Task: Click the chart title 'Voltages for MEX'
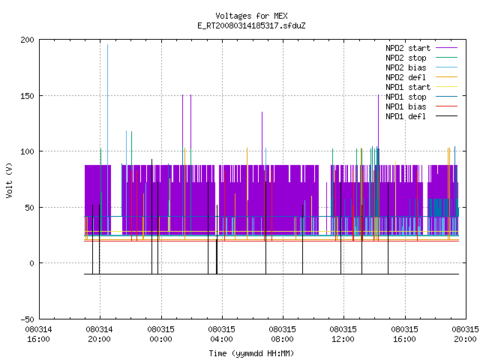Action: click(251, 16)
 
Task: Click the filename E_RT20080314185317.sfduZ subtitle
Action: click(251, 25)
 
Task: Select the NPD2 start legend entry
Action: click(421, 48)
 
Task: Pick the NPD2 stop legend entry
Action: click(421, 58)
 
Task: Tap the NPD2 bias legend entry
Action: click(421, 67)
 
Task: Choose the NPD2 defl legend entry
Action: click(421, 77)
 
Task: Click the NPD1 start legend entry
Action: click(421, 87)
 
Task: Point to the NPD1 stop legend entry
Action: click(421, 97)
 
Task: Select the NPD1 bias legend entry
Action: click(421, 106)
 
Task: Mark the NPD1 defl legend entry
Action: click(421, 116)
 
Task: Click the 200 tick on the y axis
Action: click(27, 40)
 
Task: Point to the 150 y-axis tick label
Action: click(27, 96)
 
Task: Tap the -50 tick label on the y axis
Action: click(27, 319)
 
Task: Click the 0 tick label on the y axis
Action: click(31, 263)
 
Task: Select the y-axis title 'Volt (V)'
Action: click(9, 180)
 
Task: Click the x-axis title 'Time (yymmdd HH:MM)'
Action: click(251, 353)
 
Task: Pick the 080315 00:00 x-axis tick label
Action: click(160, 334)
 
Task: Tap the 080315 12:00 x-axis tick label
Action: click(343, 334)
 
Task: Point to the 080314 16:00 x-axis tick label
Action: click(38, 334)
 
